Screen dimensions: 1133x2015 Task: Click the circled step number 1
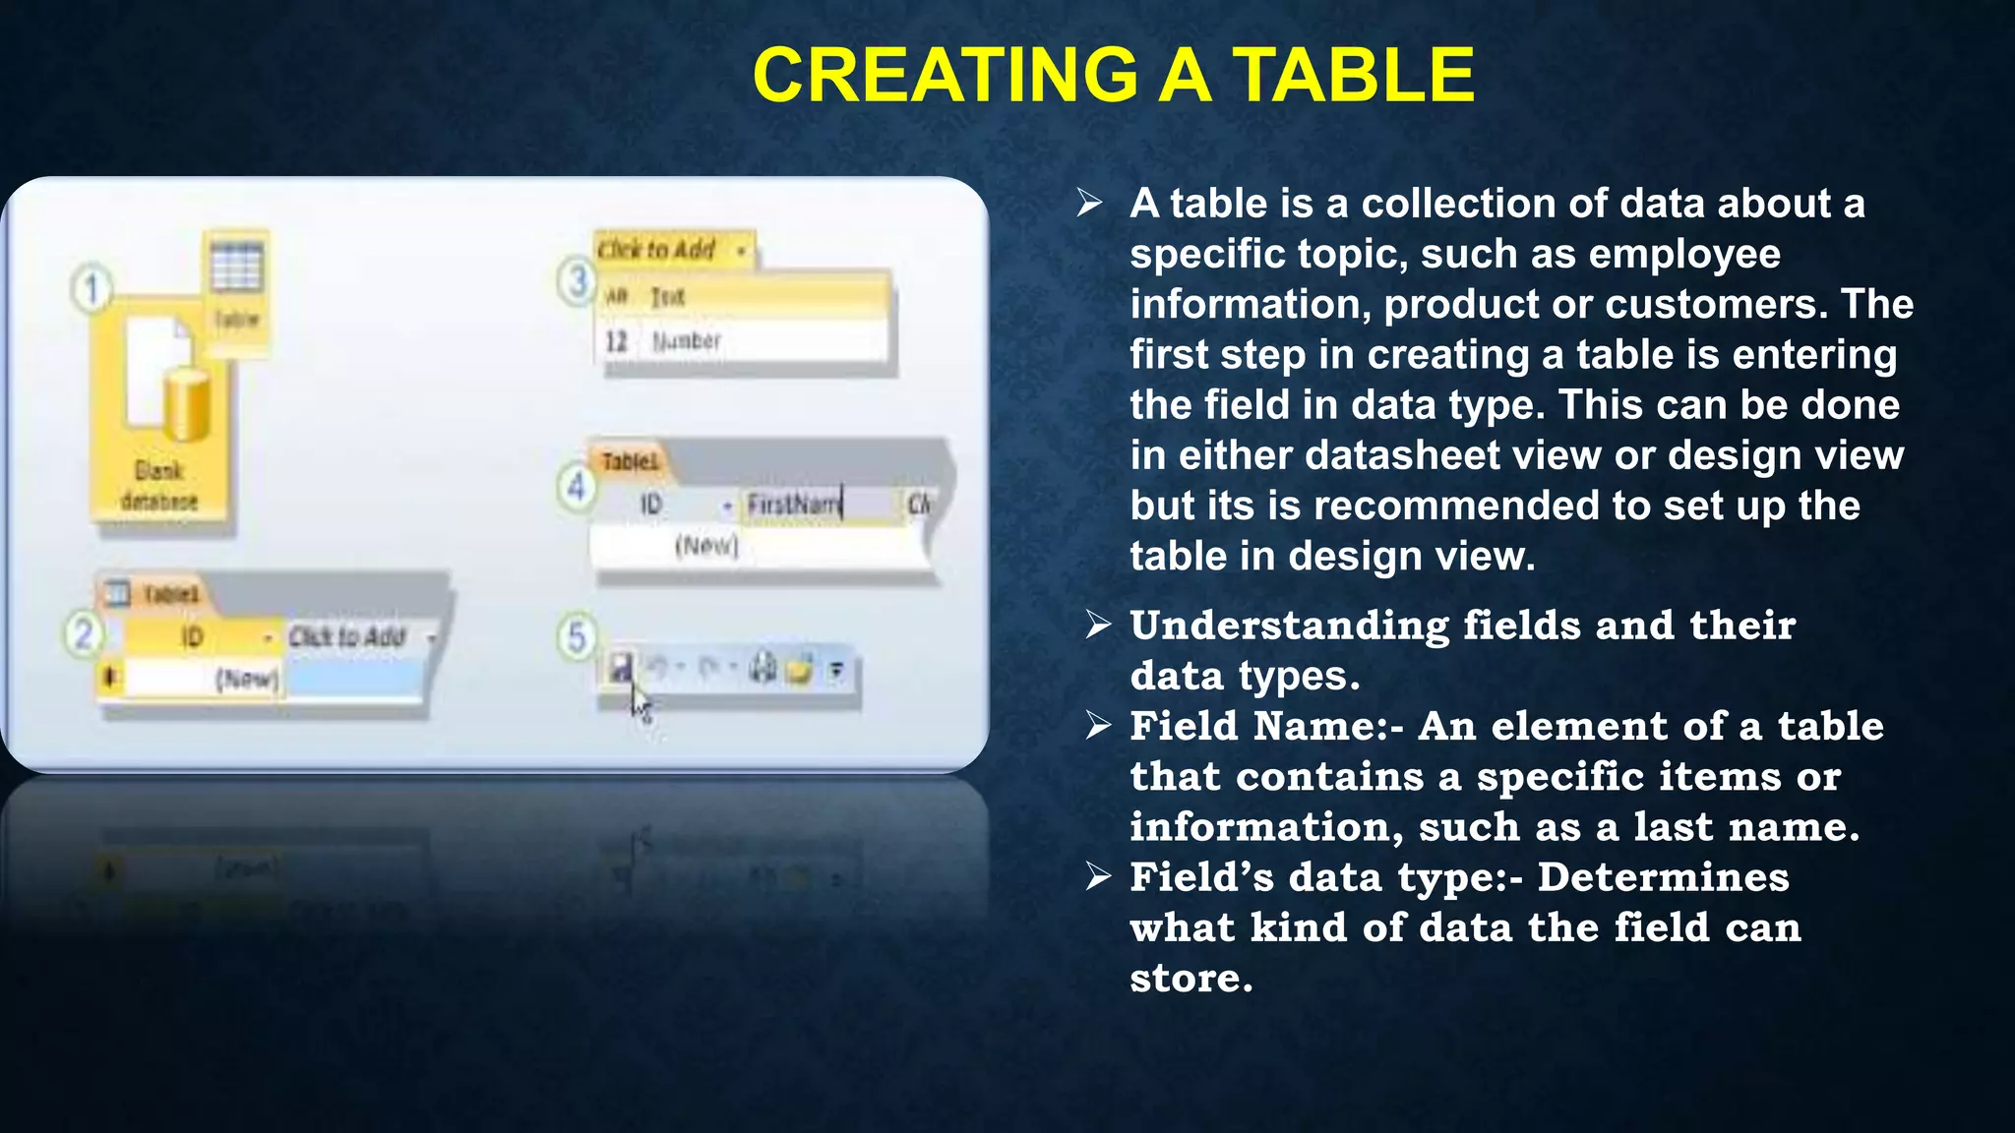(x=92, y=290)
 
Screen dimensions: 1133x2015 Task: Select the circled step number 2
(x=84, y=634)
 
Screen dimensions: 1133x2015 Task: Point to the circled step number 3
(x=577, y=281)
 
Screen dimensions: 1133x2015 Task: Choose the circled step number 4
(x=577, y=487)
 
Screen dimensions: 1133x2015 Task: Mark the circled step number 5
(x=577, y=636)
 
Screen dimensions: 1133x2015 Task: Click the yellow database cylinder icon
(x=186, y=403)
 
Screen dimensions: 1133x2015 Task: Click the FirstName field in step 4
(x=793, y=505)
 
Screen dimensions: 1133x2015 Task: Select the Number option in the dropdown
(x=686, y=341)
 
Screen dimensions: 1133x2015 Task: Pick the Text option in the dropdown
(x=667, y=296)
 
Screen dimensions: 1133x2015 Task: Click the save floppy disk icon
(x=620, y=670)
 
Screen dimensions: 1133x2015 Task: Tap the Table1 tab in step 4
(x=630, y=461)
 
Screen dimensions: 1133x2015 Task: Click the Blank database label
(x=159, y=486)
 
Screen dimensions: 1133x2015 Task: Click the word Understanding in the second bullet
(x=1289, y=626)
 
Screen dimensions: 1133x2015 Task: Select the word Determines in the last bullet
(x=1663, y=877)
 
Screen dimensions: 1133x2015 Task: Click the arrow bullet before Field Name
(x=1098, y=726)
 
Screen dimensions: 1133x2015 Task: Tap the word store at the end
(x=1191, y=978)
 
